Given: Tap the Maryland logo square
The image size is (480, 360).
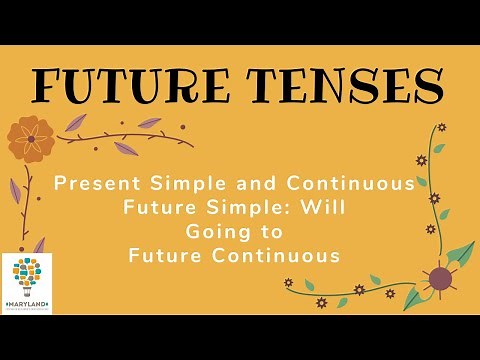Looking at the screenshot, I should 26,284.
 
